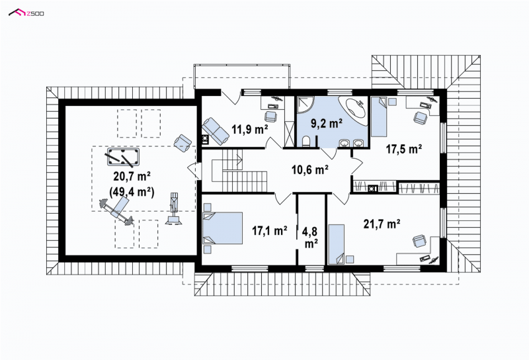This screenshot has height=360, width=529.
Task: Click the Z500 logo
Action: tap(26, 13)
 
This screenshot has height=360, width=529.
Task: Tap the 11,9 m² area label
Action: tap(250, 128)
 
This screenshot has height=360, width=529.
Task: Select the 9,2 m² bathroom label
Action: tap(327, 124)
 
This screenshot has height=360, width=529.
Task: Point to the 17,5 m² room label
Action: tap(404, 149)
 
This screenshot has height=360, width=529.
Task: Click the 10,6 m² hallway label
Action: tap(310, 169)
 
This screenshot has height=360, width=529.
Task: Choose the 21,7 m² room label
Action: tap(382, 224)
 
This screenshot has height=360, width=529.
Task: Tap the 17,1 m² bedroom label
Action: tap(270, 231)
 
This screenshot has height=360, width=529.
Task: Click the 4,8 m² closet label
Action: tap(311, 238)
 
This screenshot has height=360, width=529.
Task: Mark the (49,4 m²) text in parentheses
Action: tap(132, 192)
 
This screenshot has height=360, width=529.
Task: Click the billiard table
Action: tap(123, 157)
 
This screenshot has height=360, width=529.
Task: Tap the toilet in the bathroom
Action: tap(306, 142)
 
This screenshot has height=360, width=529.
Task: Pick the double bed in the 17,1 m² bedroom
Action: tap(223, 228)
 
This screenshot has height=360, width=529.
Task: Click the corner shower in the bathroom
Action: tap(305, 105)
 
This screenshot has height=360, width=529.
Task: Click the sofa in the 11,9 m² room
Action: tap(216, 130)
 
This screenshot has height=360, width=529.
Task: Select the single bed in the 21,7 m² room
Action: tap(337, 244)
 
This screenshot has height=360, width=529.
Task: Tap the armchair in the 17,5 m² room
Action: tap(420, 118)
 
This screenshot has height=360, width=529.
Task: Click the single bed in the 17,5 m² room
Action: tap(379, 116)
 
